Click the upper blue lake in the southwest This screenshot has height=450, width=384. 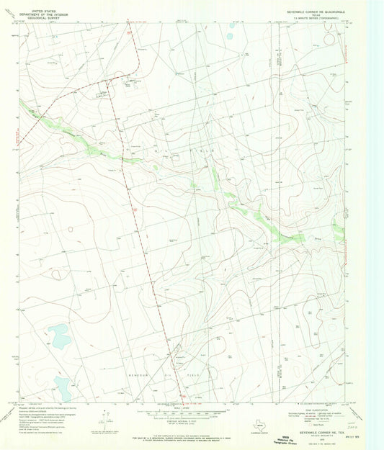tap(60, 336)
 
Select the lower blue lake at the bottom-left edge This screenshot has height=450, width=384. tap(63, 389)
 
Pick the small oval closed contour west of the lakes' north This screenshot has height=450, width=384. tap(71, 229)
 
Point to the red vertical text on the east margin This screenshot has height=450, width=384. tap(347, 57)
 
